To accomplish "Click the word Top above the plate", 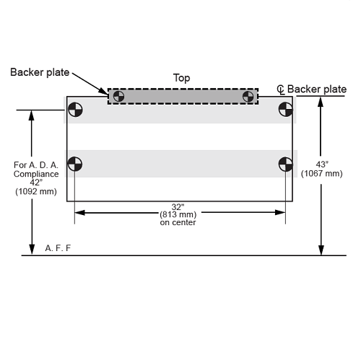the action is coord(181,78).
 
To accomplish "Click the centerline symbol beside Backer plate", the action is coord(280,89).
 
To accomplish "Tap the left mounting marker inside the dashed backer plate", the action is coord(118,97).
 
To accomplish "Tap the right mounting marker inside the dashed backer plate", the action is coord(248,97).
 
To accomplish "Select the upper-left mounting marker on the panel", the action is coord(75,110).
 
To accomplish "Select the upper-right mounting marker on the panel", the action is coord(286,110).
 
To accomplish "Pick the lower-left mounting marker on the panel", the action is coord(75,164).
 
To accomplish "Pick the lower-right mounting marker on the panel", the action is coord(286,164).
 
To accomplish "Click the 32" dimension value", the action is coord(178,207).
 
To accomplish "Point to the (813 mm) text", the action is coord(178,214).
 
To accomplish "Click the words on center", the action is coord(178,222).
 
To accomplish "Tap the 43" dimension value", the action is coord(322,164).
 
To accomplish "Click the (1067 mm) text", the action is coord(322,173).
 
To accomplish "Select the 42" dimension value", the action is coord(36,183).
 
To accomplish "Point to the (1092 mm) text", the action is coord(36,192).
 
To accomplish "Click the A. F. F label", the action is coord(58,248).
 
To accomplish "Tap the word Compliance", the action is coord(36,174).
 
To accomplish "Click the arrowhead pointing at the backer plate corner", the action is coord(103,91).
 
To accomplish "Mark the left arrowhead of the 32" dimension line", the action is coord(79,213).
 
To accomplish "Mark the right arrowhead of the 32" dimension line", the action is coord(280,212).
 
